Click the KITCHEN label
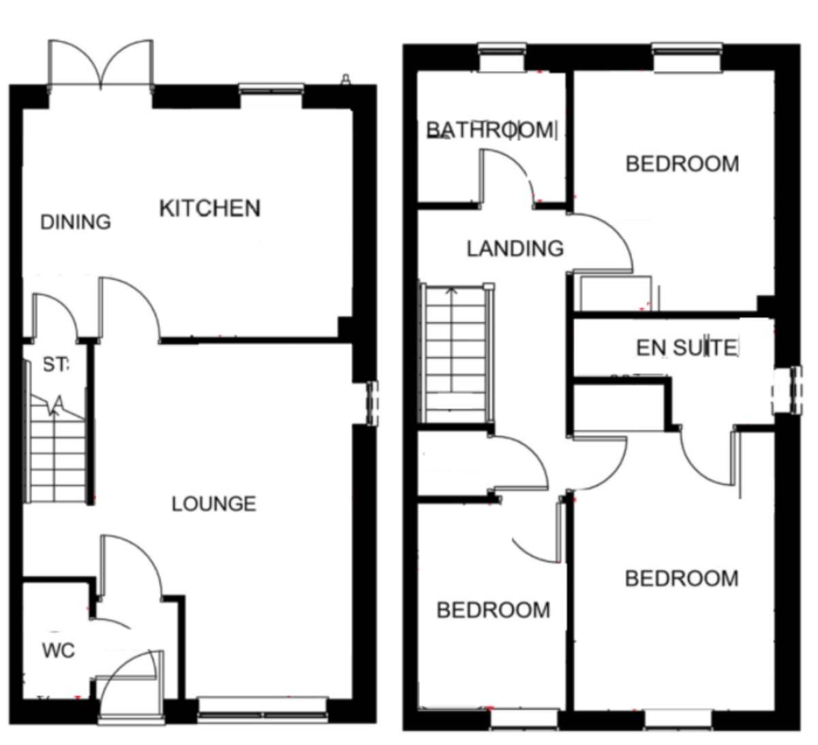click(209, 208)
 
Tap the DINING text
click(75, 222)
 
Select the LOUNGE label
click(213, 504)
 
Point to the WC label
click(58, 651)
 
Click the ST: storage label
click(56, 365)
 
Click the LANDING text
click(515, 249)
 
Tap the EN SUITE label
click(686, 348)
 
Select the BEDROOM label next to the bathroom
click(682, 164)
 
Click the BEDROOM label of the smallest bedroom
click(493, 610)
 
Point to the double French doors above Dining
click(100, 65)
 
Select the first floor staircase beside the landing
click(455, 354)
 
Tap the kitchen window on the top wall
click(271, 89)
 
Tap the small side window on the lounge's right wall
click(372, 404)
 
